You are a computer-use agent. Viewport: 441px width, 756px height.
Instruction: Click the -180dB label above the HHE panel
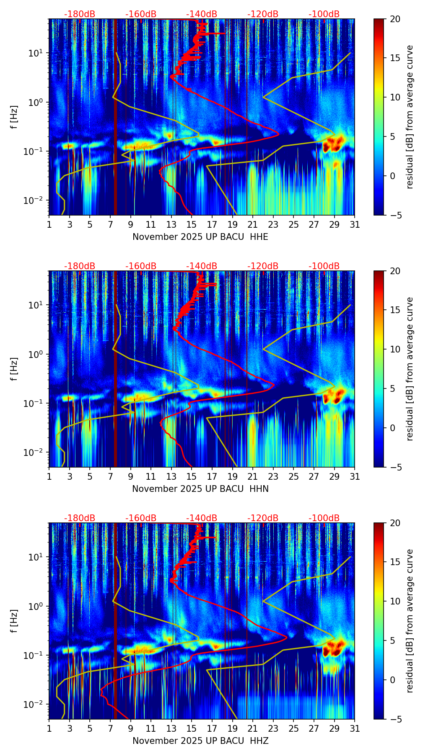click(x=80, y=14)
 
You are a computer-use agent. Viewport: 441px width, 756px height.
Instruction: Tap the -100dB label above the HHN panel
click(x=324, y=266)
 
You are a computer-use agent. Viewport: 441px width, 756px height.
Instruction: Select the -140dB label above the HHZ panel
click(x=202, y=518)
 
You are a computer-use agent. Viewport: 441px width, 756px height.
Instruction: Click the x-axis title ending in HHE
click(x=200, y=237)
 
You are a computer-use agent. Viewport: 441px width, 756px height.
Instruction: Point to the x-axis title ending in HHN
click(x=200, y=489)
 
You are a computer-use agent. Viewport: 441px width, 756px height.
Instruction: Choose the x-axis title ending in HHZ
click(x=200, y=741)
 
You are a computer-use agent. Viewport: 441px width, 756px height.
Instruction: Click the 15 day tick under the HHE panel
click(x=192, y=224)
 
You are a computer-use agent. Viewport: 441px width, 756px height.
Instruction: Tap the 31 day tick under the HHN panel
click(x=355, y=476)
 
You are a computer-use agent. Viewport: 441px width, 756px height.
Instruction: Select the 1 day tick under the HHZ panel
click(x=49, y=728)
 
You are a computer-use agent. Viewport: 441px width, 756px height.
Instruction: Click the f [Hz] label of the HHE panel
click(x=14, y=117)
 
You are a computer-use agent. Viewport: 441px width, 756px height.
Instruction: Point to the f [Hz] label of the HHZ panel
click(x=14, y=621)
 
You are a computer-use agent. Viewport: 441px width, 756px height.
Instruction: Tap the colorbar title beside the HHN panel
click(x=410, y=369)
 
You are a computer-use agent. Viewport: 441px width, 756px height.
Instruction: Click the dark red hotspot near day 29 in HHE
click(x=333, y=144)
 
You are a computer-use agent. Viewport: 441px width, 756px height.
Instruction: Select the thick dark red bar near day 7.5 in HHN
click(x=115, y=368)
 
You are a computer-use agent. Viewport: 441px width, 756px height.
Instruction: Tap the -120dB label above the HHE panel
click(x=263, y=14)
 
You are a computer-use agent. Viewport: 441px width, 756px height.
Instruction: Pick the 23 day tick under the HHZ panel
click(x=273, y=728)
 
